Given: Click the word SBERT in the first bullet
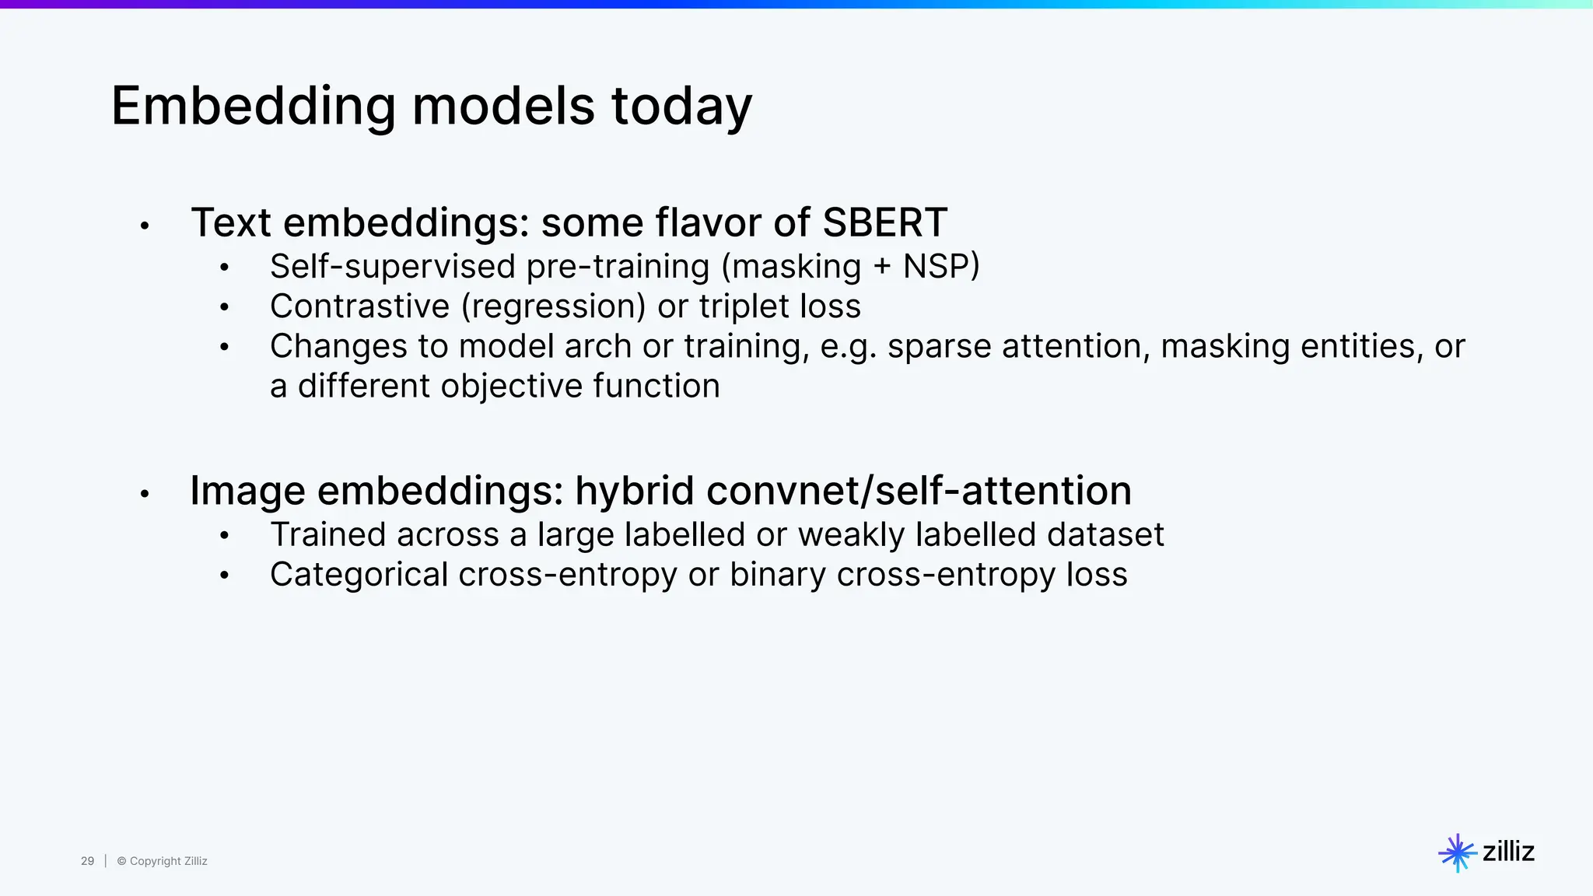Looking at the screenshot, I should tap(884, 222).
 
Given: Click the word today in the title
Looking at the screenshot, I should tap(681, 107).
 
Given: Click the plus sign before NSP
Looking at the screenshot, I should tap(881, 268).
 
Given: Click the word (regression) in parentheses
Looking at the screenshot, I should tap(553, 306).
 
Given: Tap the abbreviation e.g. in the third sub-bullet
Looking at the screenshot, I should tap(848, 347).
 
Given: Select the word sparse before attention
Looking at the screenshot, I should tap(939, 347).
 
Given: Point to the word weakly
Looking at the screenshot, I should tap(851, 535).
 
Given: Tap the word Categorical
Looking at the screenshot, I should tap(359, 576).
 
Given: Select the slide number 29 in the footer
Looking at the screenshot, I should tap(87, 861).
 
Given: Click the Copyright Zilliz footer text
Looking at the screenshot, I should tap(163, 861).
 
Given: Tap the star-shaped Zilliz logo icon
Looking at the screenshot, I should tap(1457, 853).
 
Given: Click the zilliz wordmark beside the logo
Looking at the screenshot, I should tap(1508, 852).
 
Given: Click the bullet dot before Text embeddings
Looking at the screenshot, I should tap(145, 226).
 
